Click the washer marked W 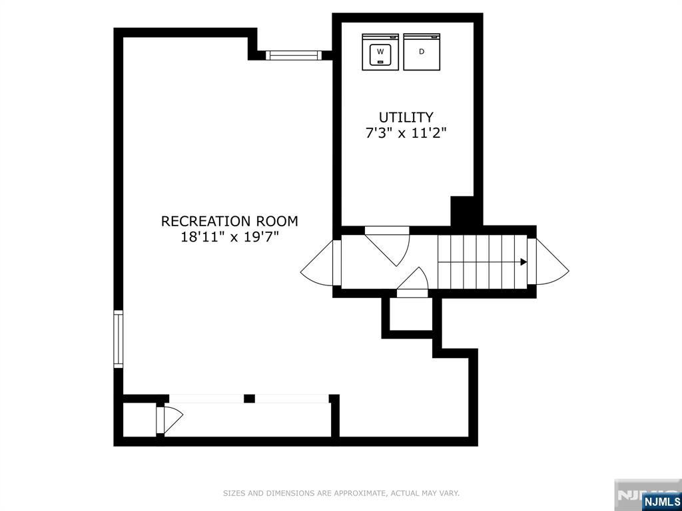(x=380, y=52)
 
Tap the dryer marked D (x=422, y=52)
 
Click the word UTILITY (x=406, y=117)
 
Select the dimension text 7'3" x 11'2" (x=406, y=132)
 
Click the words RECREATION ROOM (x=230, y=221)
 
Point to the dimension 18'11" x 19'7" (x=230, y=238)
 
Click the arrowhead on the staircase (x=523, y=262)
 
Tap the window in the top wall (x=293, y=55)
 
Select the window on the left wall (x=119, y=339)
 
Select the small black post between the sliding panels (x=249, y=399)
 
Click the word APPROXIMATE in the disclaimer (x=359, y=493)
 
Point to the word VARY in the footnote (x=450, y=493)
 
